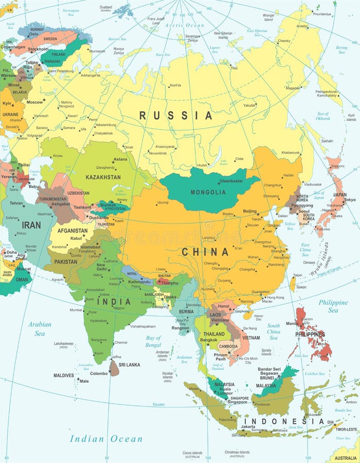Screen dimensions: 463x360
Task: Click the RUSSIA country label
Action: pos(175,115)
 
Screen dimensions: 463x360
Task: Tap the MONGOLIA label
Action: pos(208,192)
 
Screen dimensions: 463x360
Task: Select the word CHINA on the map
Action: pos(205,252)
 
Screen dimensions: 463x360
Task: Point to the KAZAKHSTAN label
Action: pos(103,177)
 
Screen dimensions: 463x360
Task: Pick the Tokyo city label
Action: pos(350,200)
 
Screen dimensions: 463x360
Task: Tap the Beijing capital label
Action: pos(249,211)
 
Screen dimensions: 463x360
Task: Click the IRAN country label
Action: pos(31,225)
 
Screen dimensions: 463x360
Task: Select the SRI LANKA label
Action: pos(129,365)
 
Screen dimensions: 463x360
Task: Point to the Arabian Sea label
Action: pos(40,329)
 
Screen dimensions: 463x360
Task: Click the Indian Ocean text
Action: pos(106,439)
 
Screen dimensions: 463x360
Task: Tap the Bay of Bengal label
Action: pos(153,341)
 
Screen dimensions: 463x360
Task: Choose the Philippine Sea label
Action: pos(333,306)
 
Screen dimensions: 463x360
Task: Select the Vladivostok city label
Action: pos(312,184)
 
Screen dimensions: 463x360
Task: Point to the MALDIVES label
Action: pos(64,375)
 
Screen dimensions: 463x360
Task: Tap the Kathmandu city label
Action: pos(139,282)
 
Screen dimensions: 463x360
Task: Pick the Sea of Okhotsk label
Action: pos(323,116)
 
